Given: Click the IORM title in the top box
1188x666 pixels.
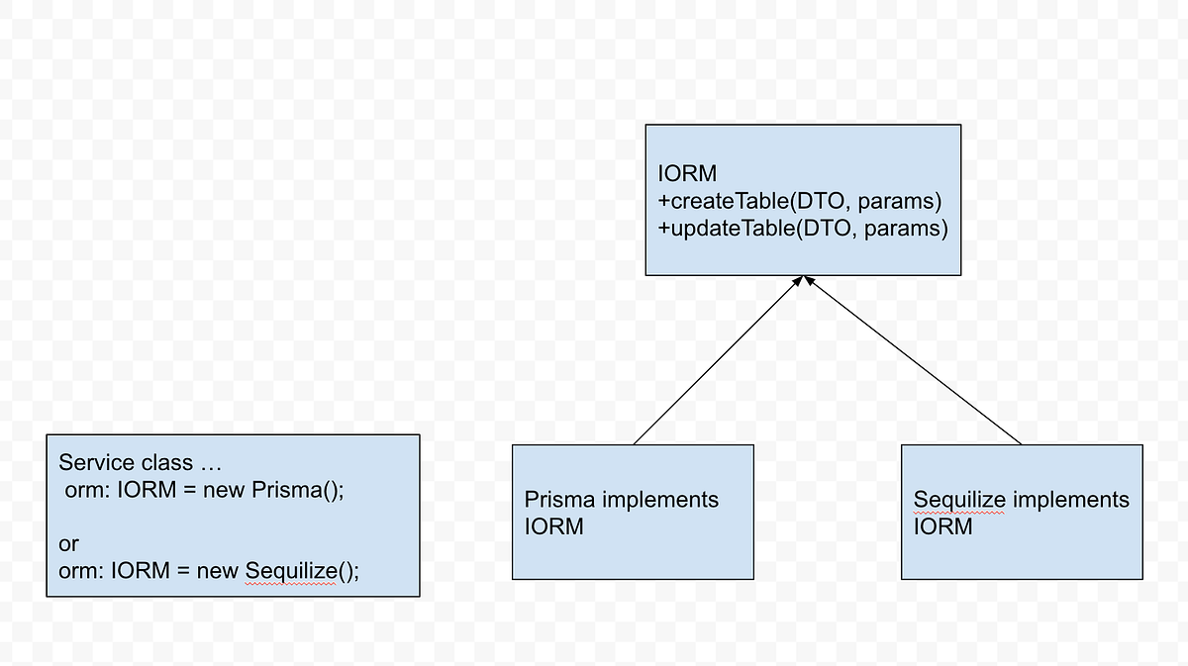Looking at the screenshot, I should (x=686, y=174).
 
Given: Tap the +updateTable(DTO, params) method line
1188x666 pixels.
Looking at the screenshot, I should (x=803, y=230).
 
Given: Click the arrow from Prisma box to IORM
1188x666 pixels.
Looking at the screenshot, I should (x=717, y=361).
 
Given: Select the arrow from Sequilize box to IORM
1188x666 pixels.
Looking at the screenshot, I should (x=912, y=361).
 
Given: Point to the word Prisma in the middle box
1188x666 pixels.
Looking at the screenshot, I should (x=559, y=500).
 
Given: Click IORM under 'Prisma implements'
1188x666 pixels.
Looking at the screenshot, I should (x=554, y=526).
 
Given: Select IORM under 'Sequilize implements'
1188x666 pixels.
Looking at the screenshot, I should (x=943, y=526).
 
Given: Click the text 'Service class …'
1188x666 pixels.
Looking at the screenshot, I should (x=141, y=462).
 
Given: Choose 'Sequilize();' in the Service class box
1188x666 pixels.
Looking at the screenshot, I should (x=302, y=571).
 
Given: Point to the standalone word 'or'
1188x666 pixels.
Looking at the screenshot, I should (x=68, y=544).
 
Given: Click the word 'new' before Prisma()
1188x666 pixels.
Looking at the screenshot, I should (x=224, y=490).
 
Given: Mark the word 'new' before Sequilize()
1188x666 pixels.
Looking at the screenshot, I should (x=218, y=571).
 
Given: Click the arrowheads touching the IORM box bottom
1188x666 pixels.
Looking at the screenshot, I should (x=803, y=282).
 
